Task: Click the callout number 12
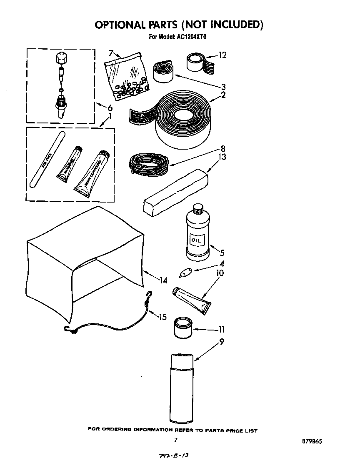point(222,55)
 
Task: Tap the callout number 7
point(111,53)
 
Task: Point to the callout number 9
point(222,342)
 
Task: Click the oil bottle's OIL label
point(196,241)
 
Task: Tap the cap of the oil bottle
point(197,208)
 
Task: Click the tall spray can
point(182,388)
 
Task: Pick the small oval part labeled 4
point(184,273)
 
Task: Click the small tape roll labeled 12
point(196,63)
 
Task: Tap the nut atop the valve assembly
point(61,58)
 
